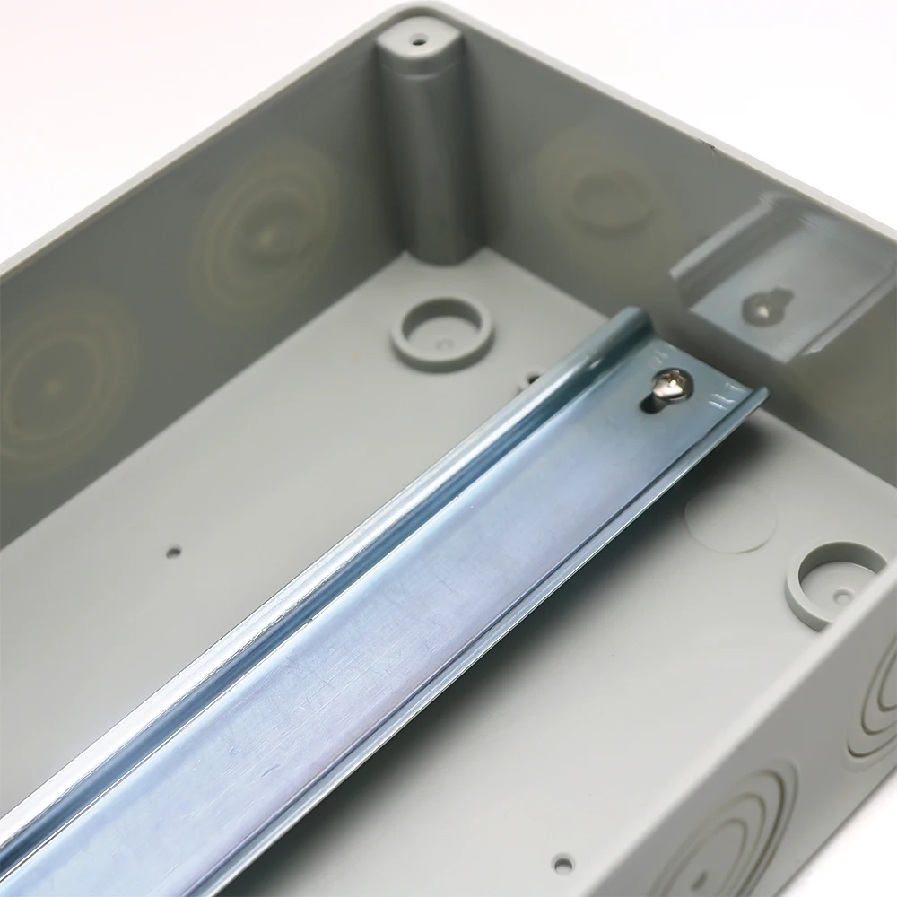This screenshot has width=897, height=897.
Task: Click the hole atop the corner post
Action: coord(418,40)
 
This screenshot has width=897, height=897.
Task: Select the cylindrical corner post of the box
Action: coord(429,152)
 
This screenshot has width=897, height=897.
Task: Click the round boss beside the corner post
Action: coord(441,328)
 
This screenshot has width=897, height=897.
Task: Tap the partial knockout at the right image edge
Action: coord(884,682)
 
